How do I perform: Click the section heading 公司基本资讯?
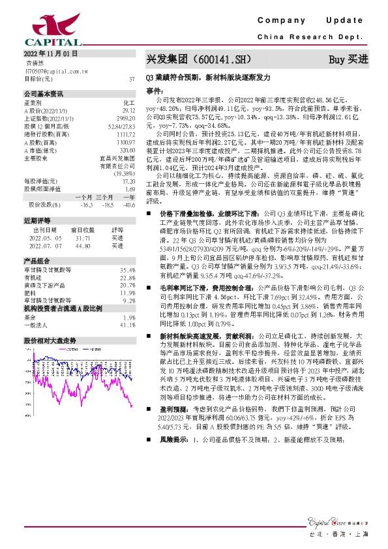tap(43, 93)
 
